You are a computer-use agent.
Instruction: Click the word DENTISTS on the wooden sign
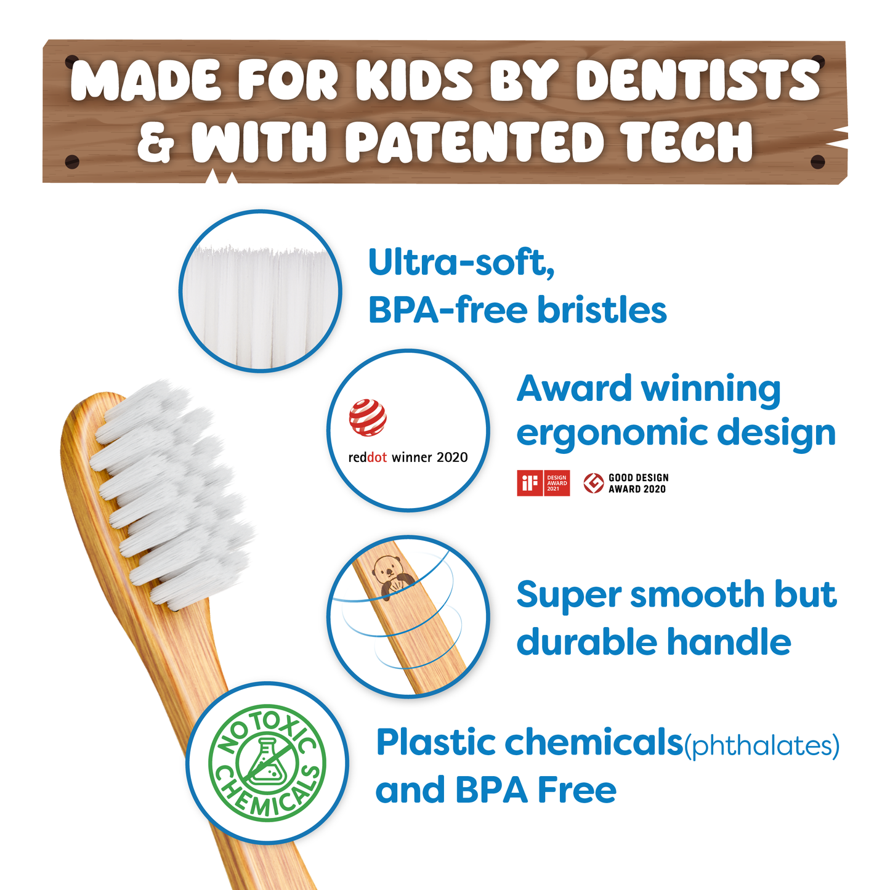tap(697, 79)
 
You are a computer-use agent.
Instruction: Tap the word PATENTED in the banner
tap(474, 141)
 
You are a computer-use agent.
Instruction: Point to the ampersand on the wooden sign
tap(156, 142)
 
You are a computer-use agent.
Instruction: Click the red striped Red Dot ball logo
tap(368, 418)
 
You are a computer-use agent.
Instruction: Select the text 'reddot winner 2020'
tap(408, 457)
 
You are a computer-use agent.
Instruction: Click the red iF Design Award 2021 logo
tap(543, 483)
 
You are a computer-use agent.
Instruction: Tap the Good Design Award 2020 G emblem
tap(594, 483)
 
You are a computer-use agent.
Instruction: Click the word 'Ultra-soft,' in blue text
tap(461, 263)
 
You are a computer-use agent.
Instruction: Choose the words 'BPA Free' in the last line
tap(536, 790)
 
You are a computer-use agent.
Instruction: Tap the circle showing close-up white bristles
tap(261, 291)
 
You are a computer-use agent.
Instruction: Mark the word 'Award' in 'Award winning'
tap(574, 388)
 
